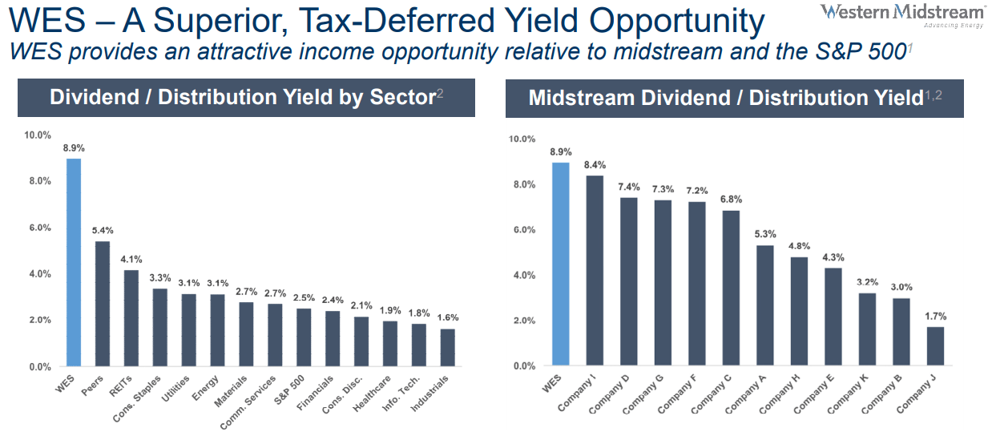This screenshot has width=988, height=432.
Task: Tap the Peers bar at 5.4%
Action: (103, 304)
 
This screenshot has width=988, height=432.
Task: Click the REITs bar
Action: (131, 318)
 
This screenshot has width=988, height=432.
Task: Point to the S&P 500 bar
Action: (304, 337)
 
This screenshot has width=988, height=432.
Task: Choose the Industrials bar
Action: (447, 348)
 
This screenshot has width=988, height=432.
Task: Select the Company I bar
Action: (594, 271)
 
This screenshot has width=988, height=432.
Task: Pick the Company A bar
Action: (764, 305)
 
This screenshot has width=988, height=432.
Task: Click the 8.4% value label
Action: (594, 166)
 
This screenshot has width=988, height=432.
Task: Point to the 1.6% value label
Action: (448, 318)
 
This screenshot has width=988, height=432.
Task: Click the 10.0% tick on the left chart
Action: (38, 135)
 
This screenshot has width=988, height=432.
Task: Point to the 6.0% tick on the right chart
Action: (524, 230)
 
